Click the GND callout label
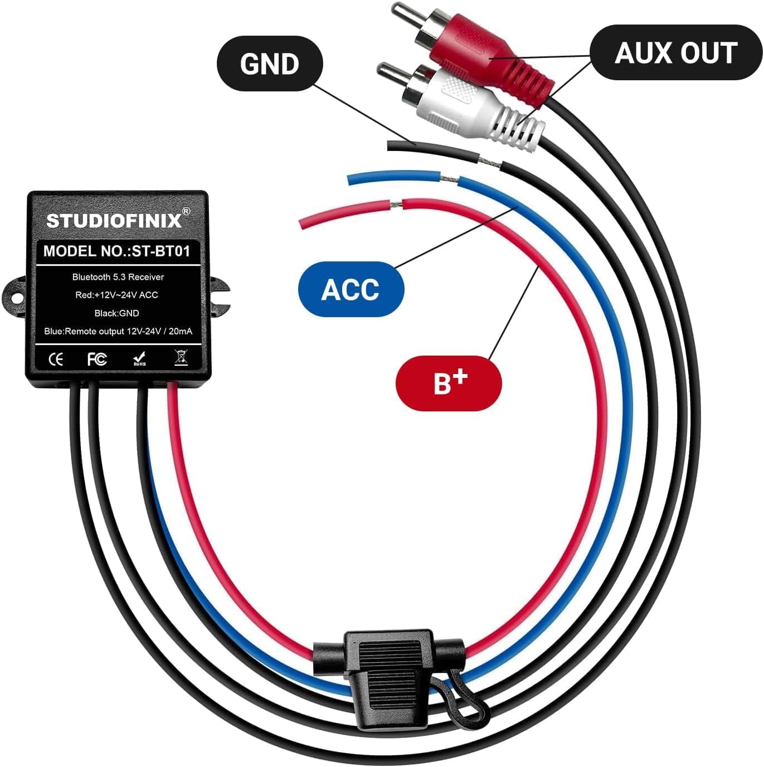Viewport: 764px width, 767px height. point(269,64)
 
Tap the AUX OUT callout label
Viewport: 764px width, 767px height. point(675,53)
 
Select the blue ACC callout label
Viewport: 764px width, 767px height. point(351,289)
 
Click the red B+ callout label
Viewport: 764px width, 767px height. point(449,383)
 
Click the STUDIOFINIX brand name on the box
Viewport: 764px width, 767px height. point(114,221)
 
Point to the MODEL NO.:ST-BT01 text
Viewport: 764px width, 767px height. point(117,251)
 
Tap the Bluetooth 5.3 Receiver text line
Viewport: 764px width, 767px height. point(118,277)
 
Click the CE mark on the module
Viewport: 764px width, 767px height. point(56,360)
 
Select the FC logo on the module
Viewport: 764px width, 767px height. point(97,360)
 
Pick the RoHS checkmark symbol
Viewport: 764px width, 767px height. point(140,358)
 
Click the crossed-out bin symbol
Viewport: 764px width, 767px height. point(181,357)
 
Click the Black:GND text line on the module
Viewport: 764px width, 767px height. point(117,313)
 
